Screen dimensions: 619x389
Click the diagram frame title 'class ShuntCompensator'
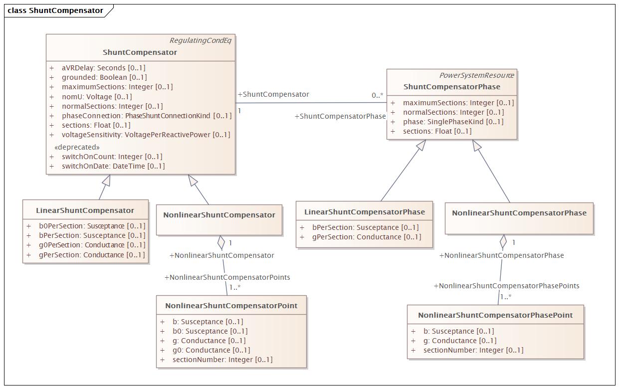(x=55, y=10)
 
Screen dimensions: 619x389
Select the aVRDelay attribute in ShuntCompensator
(x=103, y=68)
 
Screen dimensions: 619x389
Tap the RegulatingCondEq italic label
(x=201, y=40)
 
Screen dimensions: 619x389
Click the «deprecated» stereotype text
(x=77, y=147)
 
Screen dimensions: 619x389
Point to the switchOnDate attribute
(x=113, y=166)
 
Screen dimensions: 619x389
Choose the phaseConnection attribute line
(x=147, y=116)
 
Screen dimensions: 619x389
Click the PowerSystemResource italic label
(x=476, y=75)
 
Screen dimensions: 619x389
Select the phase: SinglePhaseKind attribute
(x=453, y=122)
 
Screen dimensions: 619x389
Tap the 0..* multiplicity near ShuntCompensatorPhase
(x=378, y=95)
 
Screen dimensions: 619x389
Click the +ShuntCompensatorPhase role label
(x=340, y=116)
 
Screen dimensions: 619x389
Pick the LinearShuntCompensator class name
(x=85, y=210)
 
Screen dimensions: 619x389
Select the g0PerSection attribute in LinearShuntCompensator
(x=92, y=245)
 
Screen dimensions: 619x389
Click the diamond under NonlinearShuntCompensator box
(x=221, y=242)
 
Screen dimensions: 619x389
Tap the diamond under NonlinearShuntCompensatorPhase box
(x=503, y=242)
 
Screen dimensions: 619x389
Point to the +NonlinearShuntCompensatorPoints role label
(x=227, y=277)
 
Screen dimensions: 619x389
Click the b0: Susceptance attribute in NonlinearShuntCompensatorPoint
(x=210, y=331)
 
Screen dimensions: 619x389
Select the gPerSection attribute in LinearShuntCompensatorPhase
(x=367, y=237)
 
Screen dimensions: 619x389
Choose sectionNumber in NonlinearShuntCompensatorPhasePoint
(x=473, y=350)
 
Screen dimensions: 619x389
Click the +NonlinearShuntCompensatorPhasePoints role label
(x=507, y=286)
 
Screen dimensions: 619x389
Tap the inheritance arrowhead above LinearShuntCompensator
(x=106, y=181)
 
